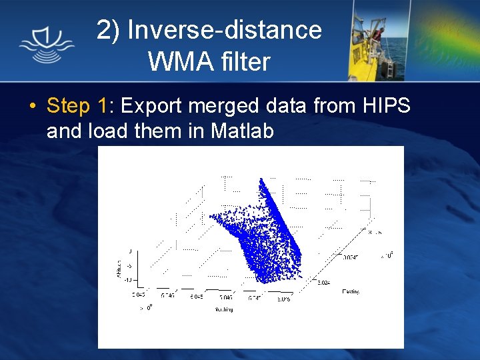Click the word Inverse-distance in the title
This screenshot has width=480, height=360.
(x=224, y=30)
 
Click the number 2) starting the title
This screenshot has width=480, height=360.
(x=109, y=30)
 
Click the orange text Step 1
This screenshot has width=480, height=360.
(x=77, y=106)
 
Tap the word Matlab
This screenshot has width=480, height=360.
(x=242, y=131)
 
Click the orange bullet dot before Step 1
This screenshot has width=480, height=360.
(x=32, y=107)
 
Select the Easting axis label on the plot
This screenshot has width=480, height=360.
(x=351, y=291)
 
